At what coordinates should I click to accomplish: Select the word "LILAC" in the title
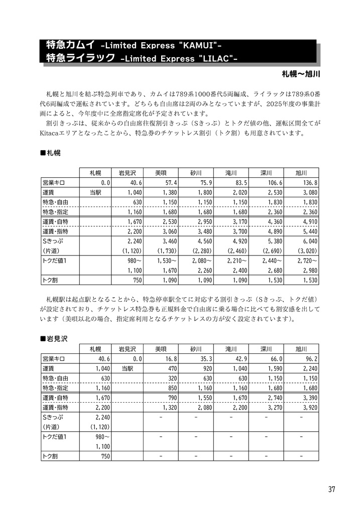tap(217, 59)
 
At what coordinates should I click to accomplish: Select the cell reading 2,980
tap(309, 270)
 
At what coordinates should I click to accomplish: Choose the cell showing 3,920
tap(309, 408)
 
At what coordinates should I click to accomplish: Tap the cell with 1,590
tap(273, 368)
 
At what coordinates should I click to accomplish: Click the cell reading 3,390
tap(309, 398)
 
